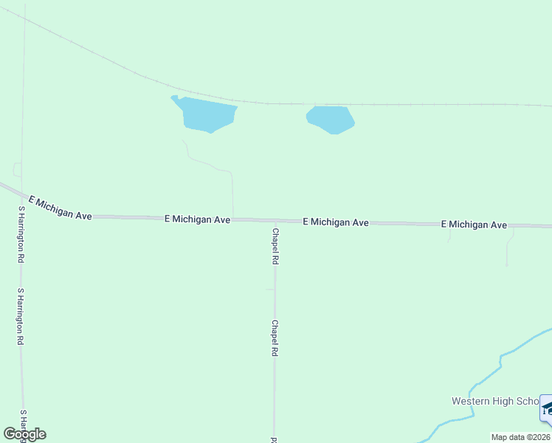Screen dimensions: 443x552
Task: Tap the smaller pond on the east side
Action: coord(331,119)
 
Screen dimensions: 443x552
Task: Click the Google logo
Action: coord(24,434)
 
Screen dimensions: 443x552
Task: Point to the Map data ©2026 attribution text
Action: coord(520,437)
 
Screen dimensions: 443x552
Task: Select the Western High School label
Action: coord(495,401)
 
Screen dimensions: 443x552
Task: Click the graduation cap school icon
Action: coord(547,408)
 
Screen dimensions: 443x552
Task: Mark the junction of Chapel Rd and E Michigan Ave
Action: coord(275,221)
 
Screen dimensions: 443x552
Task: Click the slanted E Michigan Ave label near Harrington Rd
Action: coord(60,207)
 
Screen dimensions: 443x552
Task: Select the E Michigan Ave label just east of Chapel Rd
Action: coord(335,221)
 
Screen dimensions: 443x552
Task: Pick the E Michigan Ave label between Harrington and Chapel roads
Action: coord(197,219)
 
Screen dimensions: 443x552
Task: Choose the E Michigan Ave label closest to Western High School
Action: coord(474,224)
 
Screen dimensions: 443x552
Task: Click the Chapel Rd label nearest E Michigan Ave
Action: coord(275,246)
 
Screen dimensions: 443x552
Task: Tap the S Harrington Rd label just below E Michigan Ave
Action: coord(21,234)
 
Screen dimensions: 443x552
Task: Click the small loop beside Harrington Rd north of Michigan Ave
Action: coord(16,170)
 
